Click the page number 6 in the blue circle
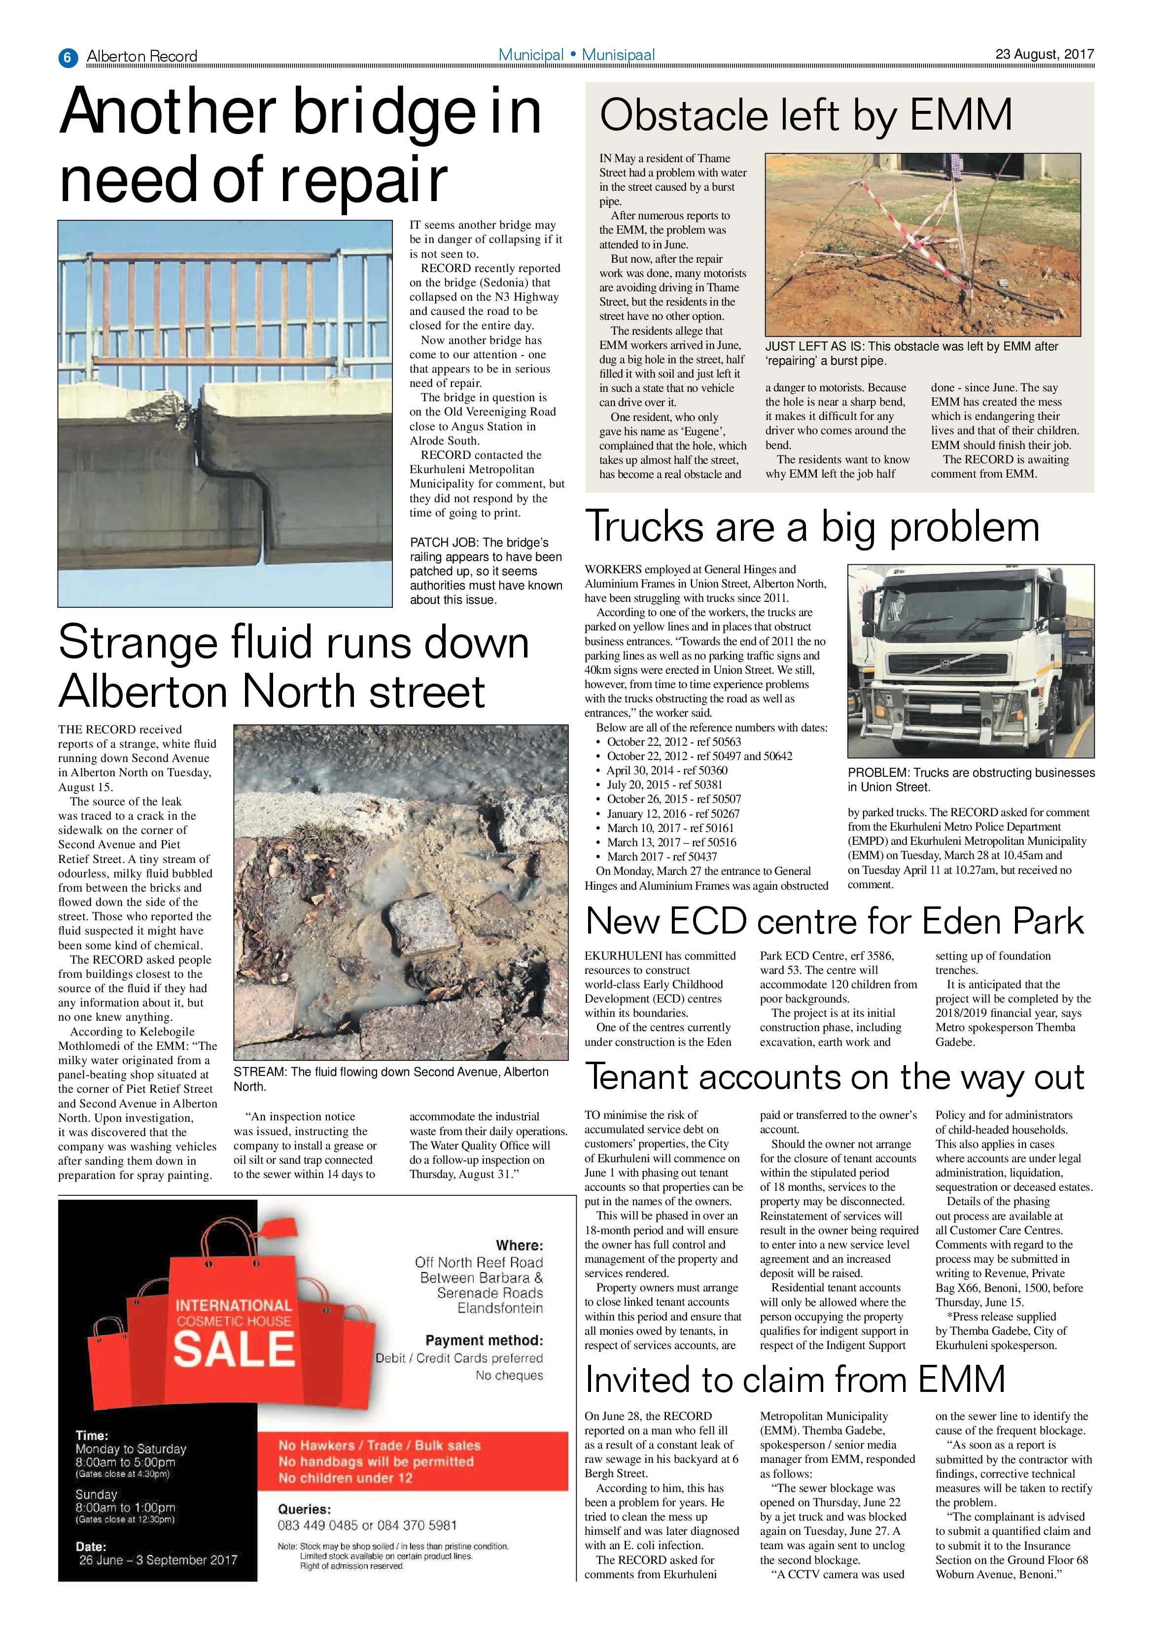67,57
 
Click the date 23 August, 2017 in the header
1044,54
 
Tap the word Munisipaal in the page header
618,55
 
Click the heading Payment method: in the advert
484,1340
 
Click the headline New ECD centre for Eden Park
834,922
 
